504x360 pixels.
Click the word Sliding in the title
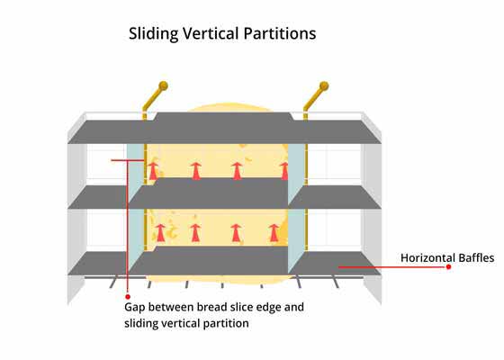(153, 34)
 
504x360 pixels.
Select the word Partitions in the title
(280, 33)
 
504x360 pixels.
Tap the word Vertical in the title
(211, 33)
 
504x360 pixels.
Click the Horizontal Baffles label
(447, 257)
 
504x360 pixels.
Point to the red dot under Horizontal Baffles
(448, 266)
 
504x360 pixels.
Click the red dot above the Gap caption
(128, 297)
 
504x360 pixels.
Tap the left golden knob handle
(163, 85)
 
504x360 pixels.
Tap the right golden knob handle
(324, 86)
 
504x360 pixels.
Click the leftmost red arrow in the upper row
(153, 171)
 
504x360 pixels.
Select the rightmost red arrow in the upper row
(284, 171)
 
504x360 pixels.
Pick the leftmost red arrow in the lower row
(160, 233)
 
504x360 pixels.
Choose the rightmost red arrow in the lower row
(274, 233)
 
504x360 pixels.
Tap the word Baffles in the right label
(476, 257)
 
